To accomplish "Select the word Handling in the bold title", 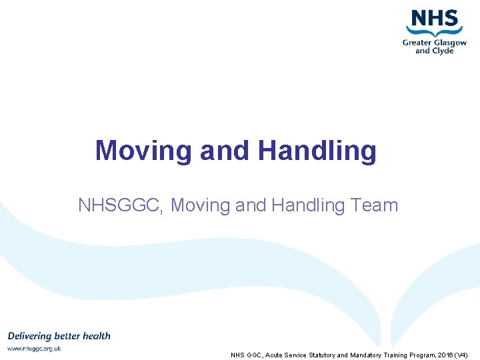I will (x=317, y=151).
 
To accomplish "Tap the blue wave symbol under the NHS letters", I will (x=435, y=31).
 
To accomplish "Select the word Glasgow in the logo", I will (x=450, y=43).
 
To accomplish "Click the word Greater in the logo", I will (x=417, y=43).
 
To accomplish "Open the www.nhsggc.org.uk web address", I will (x=34, y=349).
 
